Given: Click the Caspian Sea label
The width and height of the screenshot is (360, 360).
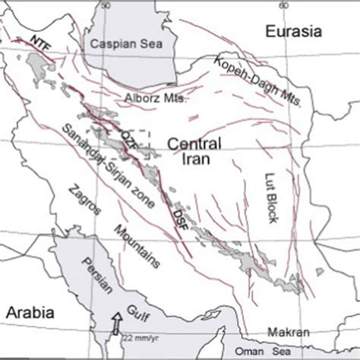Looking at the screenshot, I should click(x=120, y=45).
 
